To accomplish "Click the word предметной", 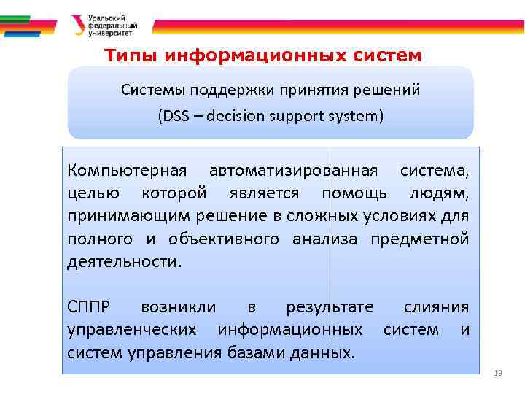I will (x=419, y=239).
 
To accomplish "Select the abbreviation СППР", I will (x=92, y=307).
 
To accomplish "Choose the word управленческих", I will (x=131, y=330).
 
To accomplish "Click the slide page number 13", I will (x=498, y=373).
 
